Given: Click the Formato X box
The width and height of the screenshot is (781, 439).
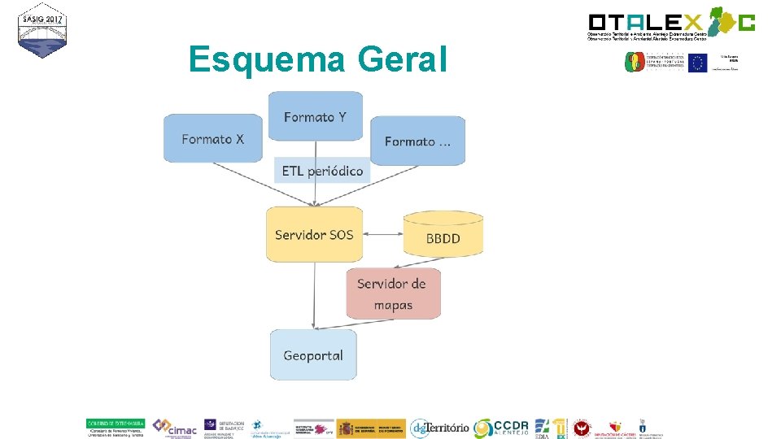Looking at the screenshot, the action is (x=213, y=138).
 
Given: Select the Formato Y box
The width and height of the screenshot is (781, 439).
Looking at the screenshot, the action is (x=315, y=116).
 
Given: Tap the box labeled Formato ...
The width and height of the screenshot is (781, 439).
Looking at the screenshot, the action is (x=418, y=141).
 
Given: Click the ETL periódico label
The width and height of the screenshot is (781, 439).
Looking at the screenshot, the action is (x=322, y=171).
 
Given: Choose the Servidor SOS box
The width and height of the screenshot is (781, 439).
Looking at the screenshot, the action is (x=314, y=235).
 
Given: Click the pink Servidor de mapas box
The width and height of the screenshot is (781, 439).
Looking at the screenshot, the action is (x=394, y=293).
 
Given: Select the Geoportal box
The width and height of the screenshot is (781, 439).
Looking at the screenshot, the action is (x=313, y=354).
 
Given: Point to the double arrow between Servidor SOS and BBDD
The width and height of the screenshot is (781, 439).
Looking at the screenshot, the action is (x=383, y=235).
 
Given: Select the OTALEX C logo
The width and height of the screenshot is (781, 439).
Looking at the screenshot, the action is (x=671, y=24).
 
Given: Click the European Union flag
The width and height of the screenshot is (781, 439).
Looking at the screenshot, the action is (x=696, y=63).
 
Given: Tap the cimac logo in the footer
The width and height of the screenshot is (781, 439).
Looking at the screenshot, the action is (x=175, y=427).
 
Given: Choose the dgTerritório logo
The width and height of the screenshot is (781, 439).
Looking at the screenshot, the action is (x=439, y=428).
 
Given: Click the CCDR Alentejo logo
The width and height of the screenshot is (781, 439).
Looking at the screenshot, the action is (x=501, y=428).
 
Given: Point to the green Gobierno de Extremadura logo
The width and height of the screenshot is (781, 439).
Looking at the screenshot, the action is (x=116, y=424).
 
